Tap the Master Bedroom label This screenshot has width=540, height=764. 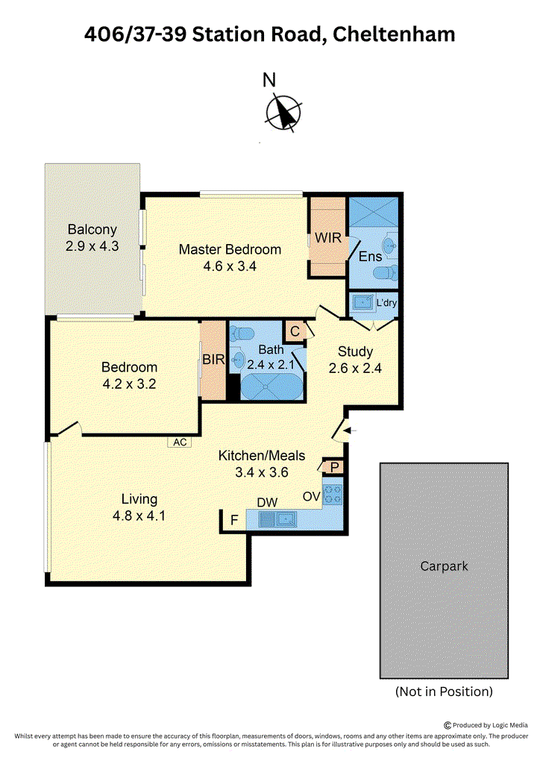(230, 249)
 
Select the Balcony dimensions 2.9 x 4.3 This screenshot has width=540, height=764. (92, 246)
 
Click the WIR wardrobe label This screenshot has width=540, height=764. (327, 238)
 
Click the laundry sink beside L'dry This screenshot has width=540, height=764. (362, 303)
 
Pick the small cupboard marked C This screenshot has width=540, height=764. (295, 331)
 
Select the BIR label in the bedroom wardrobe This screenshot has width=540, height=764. (213, 360)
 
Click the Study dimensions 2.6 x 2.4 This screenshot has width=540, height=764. (355, 369)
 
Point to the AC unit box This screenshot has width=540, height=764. (180, 442)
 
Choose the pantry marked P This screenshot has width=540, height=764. (334, 467)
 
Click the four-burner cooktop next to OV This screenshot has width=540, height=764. (333, 494)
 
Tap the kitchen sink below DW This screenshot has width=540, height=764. (277, 519)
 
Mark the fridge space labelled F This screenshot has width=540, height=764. (234, 520)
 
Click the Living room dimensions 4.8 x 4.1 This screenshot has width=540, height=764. (139, 516)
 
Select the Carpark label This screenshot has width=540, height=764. (444, 566)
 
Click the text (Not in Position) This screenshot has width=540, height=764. (444, 692)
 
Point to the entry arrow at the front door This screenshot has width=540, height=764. (351, 430)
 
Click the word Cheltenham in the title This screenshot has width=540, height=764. (394, 34)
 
